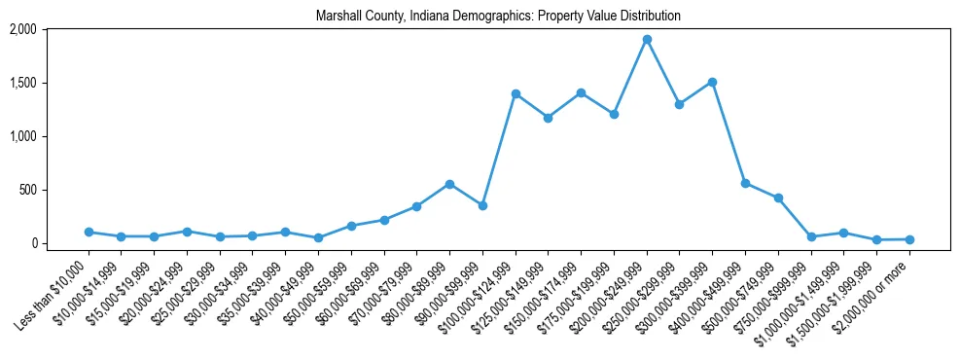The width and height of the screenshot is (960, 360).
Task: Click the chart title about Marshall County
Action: (x=498, y=17)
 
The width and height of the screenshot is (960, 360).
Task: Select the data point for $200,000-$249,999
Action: (x=647, y=40)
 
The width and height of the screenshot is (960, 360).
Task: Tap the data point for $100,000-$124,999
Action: (x=516, y=93)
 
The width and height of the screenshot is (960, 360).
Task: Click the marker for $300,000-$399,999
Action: (x=712, y=83)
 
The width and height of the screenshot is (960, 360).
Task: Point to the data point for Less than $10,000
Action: (x=89, y=232)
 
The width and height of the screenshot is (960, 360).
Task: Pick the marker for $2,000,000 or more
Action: (x=909, y=239)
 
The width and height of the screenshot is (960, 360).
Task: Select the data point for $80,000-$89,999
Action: (x=449, y=184)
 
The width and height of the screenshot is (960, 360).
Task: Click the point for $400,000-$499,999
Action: (x=745, y=183)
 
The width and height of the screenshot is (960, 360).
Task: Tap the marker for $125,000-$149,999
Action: (x=548, y=118)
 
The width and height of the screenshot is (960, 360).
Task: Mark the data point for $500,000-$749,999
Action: (x=778, y=198)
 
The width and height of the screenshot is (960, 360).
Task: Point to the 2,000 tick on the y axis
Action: (x=22, y=29)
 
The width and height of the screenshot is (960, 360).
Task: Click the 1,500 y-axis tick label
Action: (x=22, y=83)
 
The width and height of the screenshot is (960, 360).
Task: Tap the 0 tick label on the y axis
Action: (x=32, y=243)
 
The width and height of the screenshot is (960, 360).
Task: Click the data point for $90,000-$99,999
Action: (x=482, y=205)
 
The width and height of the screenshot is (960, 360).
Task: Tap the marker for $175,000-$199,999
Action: (x=614, y=114)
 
